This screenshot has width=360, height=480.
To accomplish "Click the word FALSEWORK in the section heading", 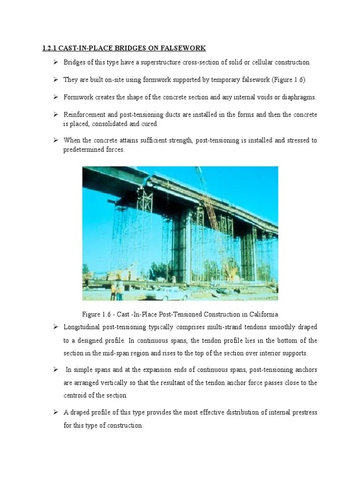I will [182, 48].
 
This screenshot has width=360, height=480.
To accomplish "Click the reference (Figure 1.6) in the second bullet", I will [289, 80].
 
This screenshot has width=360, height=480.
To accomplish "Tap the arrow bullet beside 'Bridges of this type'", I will [55, 62].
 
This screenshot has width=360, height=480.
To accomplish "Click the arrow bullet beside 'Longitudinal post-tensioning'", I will [55, 326].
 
